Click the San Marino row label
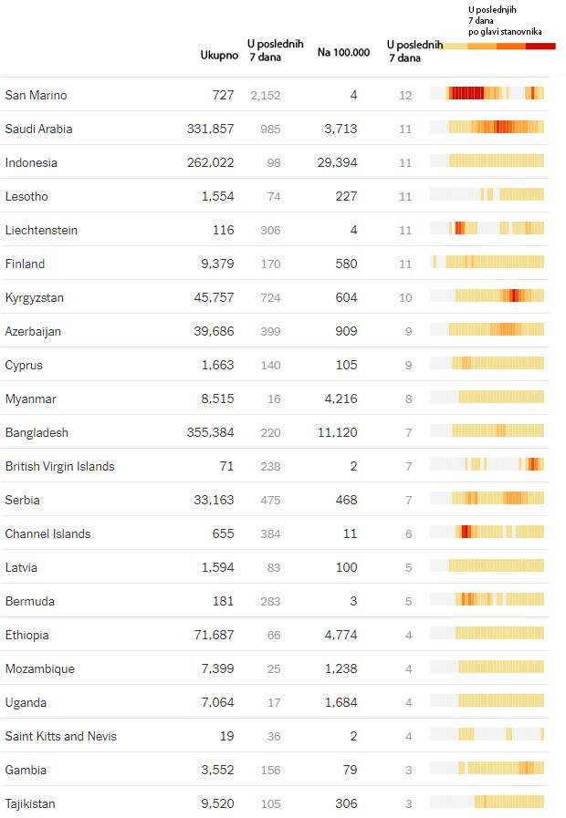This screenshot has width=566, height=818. pyautogui.click(x=37, y=95)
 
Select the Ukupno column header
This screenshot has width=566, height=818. pyautogui.click(x=219, y=55)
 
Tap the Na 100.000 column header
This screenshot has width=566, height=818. pyautogui.click(x=343, y=52)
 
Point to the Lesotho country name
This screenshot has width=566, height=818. pyautogui.click(x=26, y=196)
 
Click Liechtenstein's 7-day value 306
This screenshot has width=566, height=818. pyautogui.click(x=270, y=230)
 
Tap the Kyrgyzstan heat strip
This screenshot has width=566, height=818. pyautogui.click(x=487, y=295)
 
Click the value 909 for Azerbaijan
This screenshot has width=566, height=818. pyautogui.click(x=346, y=331)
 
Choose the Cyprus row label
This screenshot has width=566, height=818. pyautogui.click(x=24, y=365)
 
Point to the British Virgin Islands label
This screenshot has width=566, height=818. pyautogui.click(x=60, y=466)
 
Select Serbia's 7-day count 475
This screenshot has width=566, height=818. pyautogui.click(x=270, y=500)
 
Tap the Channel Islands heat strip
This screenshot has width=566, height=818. pyautogui.click(x=487, y=532)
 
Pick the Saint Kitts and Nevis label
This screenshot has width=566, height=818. pyautogui.click(x=61, y=736)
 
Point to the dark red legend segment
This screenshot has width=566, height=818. pyautogui.click(x=540, y=46)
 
